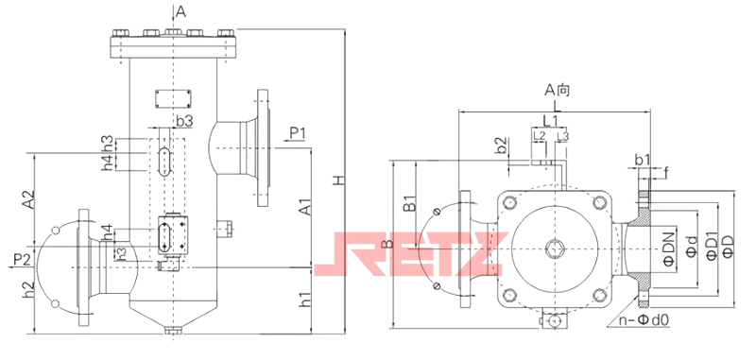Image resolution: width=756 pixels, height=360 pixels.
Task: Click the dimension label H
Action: pos(339,180)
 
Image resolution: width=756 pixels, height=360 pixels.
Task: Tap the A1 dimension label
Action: pos(304,207)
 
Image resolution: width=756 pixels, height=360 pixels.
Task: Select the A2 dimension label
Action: pos(29,199)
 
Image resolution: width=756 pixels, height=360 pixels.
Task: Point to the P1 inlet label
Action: pos(298,132)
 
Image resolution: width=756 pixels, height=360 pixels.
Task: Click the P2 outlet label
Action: pos(22,260)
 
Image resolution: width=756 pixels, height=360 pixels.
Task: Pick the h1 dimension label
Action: pos(304,300)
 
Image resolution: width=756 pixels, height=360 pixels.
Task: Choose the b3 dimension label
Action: pos(184,122)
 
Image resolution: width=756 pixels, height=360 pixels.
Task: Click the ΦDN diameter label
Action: pos(668,248)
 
